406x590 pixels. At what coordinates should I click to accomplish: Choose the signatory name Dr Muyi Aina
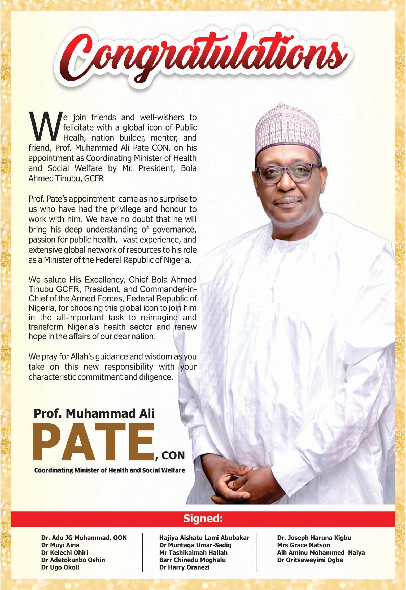pos(60,545)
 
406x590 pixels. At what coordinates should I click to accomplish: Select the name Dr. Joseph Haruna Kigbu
pos(314,538)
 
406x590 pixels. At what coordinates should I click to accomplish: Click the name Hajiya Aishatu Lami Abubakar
pos(204,538)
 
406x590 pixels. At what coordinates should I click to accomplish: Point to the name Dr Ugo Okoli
pos(60,567)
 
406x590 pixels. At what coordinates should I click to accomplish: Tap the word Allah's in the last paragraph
pos(84,356)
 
